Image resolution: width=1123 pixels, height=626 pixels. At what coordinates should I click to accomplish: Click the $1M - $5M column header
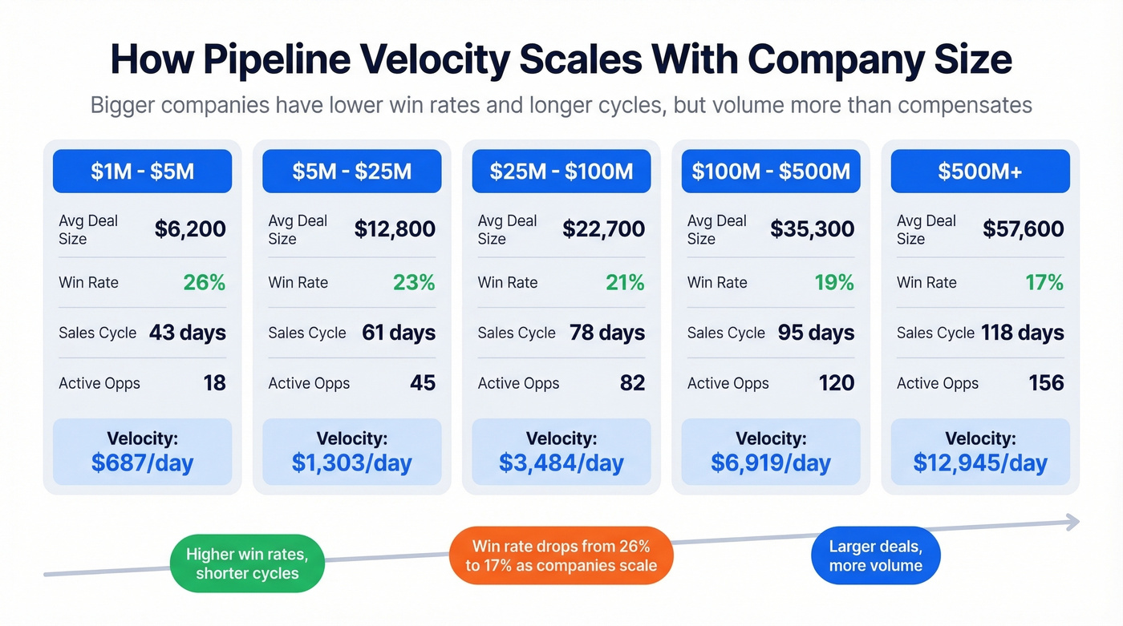tap(142, 172)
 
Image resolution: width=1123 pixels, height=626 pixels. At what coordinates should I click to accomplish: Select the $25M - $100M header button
tap(561, 172)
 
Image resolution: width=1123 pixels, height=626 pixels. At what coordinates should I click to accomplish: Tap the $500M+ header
tap(979, 172)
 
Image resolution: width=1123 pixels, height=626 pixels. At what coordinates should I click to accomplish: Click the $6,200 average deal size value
tap(190, 229)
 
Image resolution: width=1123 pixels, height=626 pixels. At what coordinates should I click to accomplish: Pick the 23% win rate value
tap(414, 282)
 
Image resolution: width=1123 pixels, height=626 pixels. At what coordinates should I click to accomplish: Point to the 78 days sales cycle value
tap(607, 333)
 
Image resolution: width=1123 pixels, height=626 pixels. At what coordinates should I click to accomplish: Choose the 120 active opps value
tap(837, 383)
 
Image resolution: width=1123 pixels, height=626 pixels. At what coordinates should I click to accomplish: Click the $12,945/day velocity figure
tap(980, 462)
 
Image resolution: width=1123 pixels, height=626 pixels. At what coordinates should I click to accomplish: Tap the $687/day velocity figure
tap(142, 462)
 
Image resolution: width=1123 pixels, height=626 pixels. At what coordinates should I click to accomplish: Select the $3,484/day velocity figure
tap(561, 462)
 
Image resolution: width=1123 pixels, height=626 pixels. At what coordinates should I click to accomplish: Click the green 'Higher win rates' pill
tap(247, 563)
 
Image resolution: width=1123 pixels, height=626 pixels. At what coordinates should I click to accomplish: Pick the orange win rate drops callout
tap(561, 555)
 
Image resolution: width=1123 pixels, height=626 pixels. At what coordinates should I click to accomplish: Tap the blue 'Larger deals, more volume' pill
tap(875, 555)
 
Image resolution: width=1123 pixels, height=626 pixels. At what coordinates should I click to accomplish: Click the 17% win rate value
tap(1044, 282)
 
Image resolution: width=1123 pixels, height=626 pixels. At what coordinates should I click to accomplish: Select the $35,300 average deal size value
tap(812, 229)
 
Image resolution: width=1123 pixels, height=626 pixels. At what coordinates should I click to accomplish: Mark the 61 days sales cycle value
tap(399, 333)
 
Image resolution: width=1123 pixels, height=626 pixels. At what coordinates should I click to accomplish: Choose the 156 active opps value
tap(1046, 383)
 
